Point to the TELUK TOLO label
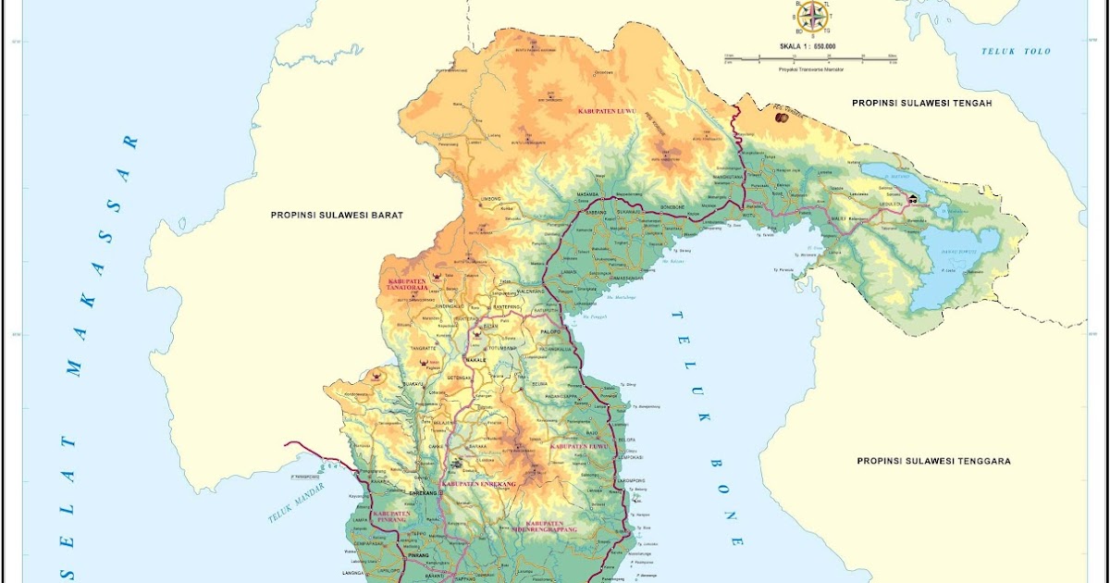[x=1017, y=51]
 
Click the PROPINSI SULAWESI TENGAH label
[x=921, y=104]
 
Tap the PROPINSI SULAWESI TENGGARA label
[x=933, y=461]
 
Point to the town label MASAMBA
[x=588, y=194]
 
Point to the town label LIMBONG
[x=491, y=199]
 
